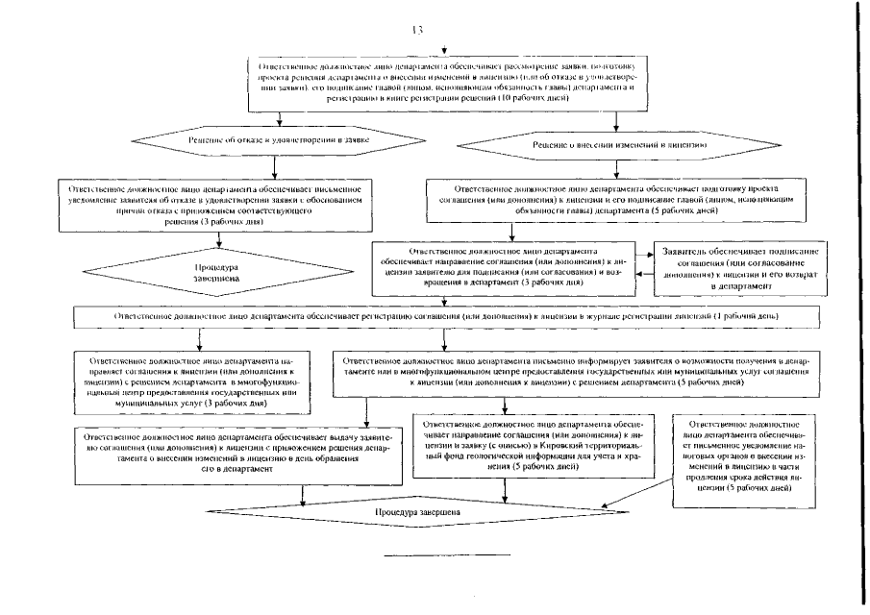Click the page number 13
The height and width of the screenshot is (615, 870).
pyautogui.click(x=416, y=30)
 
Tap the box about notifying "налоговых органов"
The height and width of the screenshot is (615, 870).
pyautogui.click(x=745, y=455)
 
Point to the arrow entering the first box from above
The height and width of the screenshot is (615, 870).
pyautogui.click(x=444, y=49)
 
